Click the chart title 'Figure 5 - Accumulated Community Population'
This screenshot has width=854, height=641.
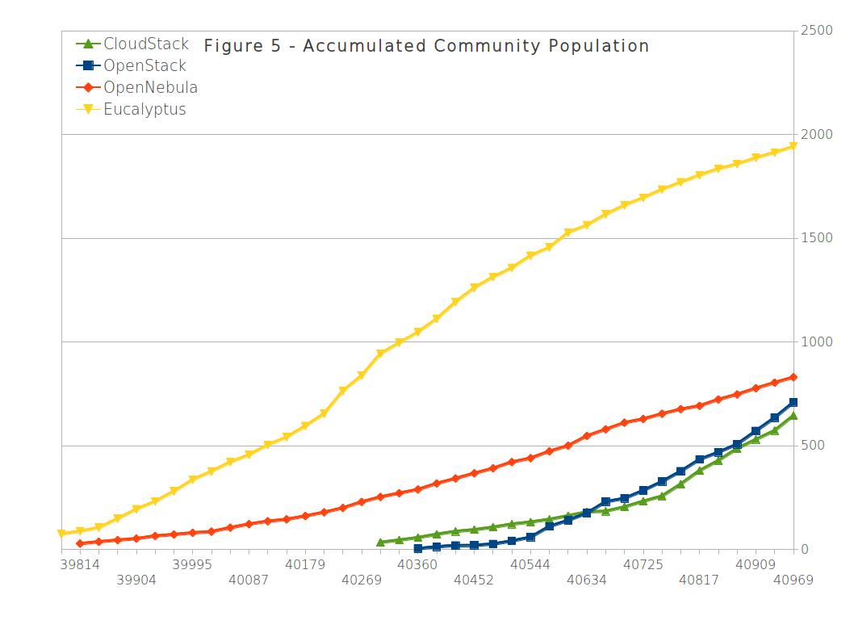click(426, 46)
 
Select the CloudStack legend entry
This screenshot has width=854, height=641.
click(145, 44)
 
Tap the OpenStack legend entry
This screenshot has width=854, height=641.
click(144, 65)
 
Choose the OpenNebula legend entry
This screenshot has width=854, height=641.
click(150, 87)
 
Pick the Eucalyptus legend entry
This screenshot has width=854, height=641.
click(144, 109)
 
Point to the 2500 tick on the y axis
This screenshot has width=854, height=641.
click(817, 31)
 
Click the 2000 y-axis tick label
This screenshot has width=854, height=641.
click(817, 134)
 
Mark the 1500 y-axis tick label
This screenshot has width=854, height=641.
click(817, 238)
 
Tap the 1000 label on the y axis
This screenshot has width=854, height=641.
click(817, 342)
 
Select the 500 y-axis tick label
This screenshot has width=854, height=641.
click(814, 446)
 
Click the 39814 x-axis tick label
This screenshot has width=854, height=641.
click(80, 564)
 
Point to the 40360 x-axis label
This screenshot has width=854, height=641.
click(417, 564)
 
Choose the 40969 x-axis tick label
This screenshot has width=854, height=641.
click(793, 580)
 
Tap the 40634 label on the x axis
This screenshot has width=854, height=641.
click(586, 580)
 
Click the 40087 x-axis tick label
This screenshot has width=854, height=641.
click(249, 580)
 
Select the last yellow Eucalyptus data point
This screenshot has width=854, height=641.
click(793, 146)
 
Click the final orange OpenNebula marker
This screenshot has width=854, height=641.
click(793, 377)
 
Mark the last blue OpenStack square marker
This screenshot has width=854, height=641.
click(793, 402)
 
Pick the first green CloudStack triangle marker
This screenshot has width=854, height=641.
click(380, 542)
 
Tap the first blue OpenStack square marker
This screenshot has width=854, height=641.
click(417, 548)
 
